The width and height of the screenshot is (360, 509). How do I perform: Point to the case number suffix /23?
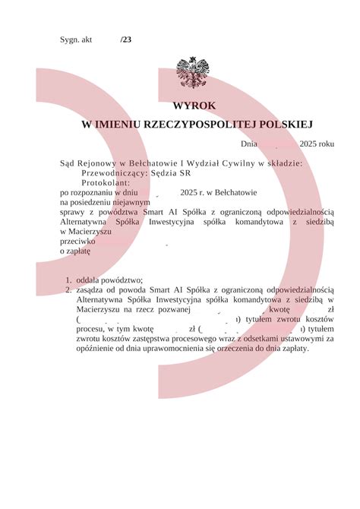point(125,40)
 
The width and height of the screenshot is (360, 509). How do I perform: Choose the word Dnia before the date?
point(251,144)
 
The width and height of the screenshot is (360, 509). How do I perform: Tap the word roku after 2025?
point(326,144)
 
